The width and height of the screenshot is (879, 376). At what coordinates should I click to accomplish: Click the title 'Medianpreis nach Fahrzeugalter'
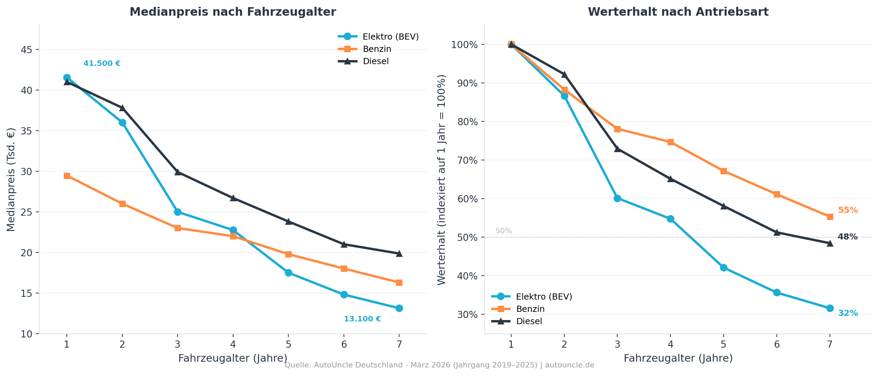pyautogui.click(x=233, y=12)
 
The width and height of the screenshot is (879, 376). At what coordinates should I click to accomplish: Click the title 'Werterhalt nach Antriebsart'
pyautogui.click(x=678, y=12)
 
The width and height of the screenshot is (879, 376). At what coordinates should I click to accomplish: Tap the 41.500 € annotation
pyautogui.click(x=102, y=63)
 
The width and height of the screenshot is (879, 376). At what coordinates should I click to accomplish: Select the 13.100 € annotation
pyautogui.click(x=362, y=319)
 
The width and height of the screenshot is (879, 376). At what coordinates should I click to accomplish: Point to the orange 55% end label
pyautogui.click(x=848, y=211)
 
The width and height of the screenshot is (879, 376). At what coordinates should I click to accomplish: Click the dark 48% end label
pyautogui.click(x=848, y=237)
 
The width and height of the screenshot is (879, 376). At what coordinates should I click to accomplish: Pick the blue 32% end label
pyautogui.click(x=848, y=313)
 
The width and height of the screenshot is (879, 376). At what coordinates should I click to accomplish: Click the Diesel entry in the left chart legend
pyautogui.click(x=376, y=61)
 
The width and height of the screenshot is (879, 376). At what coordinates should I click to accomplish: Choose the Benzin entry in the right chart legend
pyautogui.click(x=530, y=309)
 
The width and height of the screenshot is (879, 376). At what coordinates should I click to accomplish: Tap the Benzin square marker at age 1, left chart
pyautogui.click(x=67, y=176)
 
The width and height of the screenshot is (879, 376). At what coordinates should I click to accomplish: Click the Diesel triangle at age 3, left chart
pyautogui.click(x=178, y=172)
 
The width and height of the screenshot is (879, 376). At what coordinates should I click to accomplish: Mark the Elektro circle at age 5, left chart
pyautogui.click(x=288, y=273)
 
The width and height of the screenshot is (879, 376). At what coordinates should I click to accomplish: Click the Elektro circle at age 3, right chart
pyautogui.click(x=617, y=199)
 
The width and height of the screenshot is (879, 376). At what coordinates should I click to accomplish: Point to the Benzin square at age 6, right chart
pyautogui.click(x=777, y=194)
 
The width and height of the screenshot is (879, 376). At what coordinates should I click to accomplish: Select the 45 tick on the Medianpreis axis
pyautogui.click(x=27, y=50)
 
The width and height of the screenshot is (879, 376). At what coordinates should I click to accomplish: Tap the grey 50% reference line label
pyautogui.click(x=504, y=231)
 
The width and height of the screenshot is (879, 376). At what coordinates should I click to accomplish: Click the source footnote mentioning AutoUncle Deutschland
pyautogui.click(x=440, y=365)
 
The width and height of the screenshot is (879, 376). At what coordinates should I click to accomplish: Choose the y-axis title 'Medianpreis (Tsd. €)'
pyautogui.click(x=11, y=179)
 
